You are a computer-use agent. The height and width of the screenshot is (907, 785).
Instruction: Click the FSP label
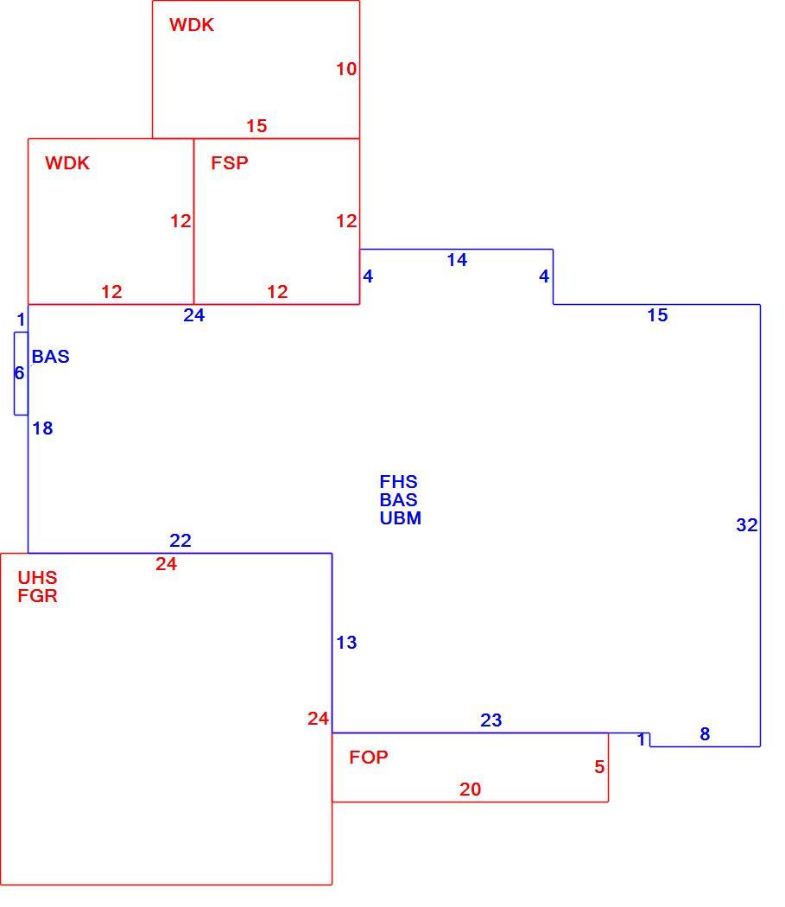point(230,163)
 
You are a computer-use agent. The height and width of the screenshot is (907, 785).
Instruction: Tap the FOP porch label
point(369,758)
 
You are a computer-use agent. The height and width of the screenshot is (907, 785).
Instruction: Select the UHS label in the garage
point(38,577)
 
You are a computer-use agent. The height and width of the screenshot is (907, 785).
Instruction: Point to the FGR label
point(38,596)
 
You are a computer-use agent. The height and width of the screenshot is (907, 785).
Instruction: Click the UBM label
point(401,517)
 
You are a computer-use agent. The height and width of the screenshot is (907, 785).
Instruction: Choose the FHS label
point(399,482)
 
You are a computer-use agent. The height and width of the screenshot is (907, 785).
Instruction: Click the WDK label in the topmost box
point(192,25)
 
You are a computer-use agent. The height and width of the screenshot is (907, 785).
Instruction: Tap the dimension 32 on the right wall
point(747,525)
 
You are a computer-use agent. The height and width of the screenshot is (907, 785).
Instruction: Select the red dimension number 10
point(346,69)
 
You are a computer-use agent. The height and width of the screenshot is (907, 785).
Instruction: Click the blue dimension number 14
point(457,260)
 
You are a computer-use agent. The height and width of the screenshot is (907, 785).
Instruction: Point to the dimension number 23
point(491,720)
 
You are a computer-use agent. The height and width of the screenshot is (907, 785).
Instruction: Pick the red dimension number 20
point(471,790)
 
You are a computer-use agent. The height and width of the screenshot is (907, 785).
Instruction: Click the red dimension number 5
point(599,767)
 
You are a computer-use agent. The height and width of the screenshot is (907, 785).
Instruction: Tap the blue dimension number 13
point(346,643)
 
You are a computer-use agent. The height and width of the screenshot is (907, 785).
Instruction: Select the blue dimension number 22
point(180,540)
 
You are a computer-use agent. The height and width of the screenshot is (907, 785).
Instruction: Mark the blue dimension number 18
point(43,428)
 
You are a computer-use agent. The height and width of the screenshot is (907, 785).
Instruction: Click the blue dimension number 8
point(705,734)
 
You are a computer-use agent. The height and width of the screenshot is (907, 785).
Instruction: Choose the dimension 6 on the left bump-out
point(19,374)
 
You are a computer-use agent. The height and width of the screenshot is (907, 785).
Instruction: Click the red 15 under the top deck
point(256,126)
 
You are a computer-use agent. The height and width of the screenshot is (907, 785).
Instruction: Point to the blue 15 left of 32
point(658,315)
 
